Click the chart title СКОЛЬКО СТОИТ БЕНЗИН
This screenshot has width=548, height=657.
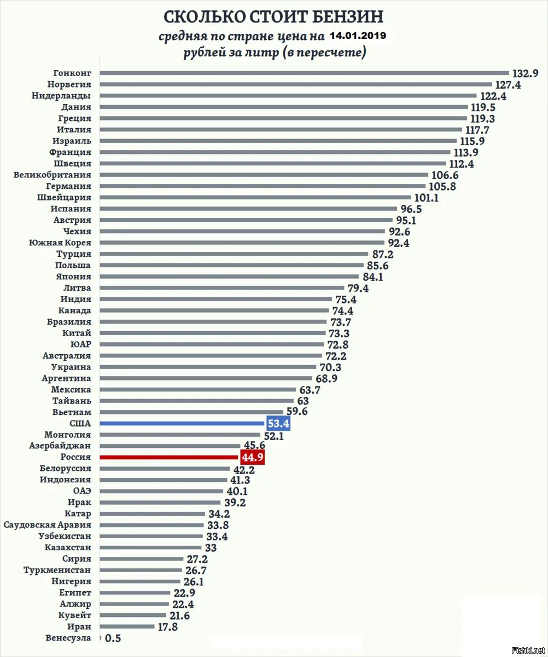[x=274, y=16]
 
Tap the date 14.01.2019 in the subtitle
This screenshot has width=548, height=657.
[x=358, y=36]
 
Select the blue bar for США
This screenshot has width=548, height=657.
[x=183, y=423]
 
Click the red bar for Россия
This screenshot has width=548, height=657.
[x=170, y=457]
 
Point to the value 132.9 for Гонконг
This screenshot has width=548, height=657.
[x=525, y=73]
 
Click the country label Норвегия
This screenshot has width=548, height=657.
[x=69, y=84]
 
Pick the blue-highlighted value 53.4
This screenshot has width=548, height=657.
[x=278, y=423]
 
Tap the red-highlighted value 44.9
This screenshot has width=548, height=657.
[x=252, y=457]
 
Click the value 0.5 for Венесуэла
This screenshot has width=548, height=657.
[x=113, y=638]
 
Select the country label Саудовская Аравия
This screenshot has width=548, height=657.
[x=48, y=525]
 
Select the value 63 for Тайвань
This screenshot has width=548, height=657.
[x=303, y=401]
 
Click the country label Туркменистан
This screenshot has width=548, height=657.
[x=57, y=570]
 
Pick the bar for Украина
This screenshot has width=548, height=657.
[x=208, y=367]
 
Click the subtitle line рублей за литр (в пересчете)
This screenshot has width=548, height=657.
[x=275, y=53]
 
